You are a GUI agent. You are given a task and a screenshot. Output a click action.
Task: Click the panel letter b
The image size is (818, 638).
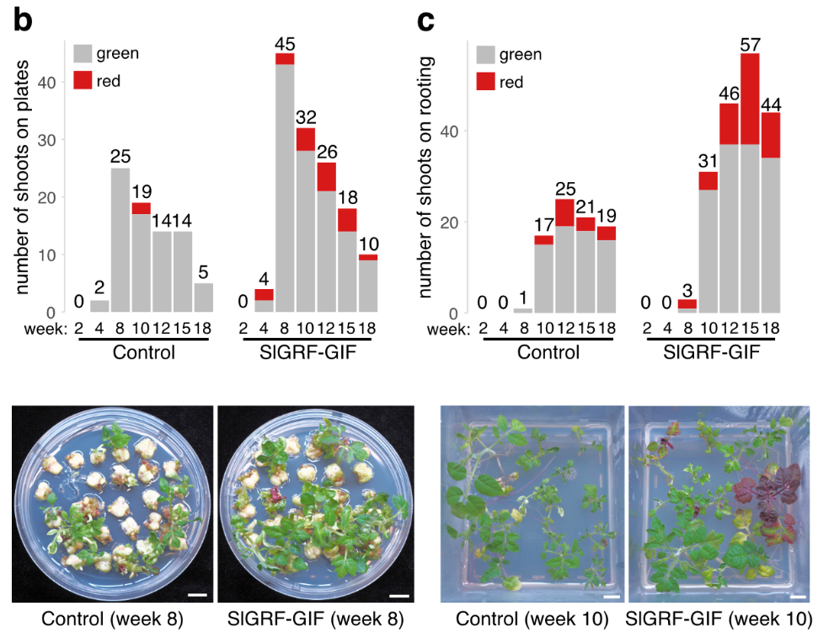pyautogui.click(x=22, y=19)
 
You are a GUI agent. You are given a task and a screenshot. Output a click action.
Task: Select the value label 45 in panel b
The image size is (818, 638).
pyautogui.click(x=285, y=43)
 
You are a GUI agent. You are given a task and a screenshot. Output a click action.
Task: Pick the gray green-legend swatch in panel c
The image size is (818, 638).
pyautogui.click(x=487, y=55)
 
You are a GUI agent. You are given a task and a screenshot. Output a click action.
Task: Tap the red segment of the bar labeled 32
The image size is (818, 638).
pyautogui.click(x=307, y=139)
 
